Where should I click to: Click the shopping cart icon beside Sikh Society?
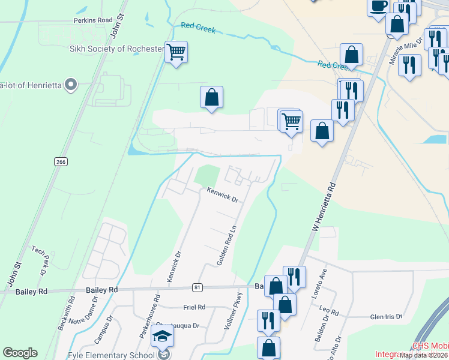point(176,53)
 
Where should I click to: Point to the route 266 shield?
point(60,161)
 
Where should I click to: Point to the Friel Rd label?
point(194,307)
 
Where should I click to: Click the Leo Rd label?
point(330,313)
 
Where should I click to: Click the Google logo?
point(20,353)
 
